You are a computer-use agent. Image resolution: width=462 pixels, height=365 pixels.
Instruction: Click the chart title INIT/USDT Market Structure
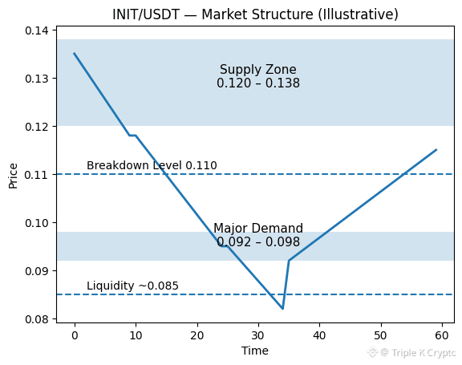coord(255,14)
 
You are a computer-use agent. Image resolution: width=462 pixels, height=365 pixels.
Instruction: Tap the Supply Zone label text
coord(258,70)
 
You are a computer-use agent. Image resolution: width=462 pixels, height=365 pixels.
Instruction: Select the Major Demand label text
coord(258,229)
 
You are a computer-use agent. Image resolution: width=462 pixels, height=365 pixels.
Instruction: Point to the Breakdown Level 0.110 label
coord(152,165)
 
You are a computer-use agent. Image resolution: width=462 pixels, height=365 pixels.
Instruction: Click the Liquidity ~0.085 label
coord(132,286)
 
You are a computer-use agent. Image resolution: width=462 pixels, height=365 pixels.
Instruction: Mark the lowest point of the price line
coord(282,309)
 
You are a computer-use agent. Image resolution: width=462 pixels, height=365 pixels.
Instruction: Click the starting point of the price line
coord(75,53)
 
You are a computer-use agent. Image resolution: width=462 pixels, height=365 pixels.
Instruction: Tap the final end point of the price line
coord(436,150)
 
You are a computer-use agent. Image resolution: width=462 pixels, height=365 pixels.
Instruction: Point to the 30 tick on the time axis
coord(258,335)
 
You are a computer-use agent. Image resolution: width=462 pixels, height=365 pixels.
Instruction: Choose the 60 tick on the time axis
coord(442,335)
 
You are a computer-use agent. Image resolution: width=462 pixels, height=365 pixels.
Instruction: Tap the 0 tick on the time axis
coord(75,335)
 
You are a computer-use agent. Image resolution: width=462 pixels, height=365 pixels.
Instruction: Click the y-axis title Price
coord(13,176)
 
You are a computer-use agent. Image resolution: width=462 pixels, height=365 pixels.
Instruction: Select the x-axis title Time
coord(255,351)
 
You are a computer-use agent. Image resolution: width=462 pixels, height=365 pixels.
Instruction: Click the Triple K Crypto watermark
coord(412,352)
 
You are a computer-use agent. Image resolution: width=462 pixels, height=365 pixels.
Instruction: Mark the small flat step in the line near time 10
coord(132,136)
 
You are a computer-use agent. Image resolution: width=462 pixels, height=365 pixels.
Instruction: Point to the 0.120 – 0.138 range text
coord(258,83)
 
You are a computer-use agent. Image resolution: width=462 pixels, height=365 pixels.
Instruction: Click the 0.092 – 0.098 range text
coord(258,241)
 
